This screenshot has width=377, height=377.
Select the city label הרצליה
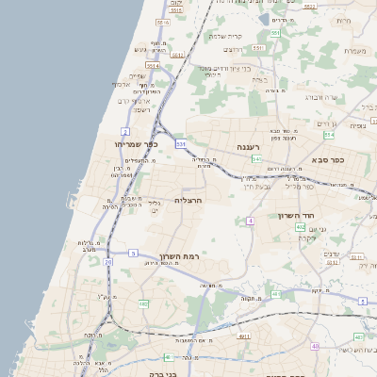190,201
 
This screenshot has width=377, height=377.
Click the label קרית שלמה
225,37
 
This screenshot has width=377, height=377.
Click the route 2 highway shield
125,130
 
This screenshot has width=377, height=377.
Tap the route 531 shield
180,144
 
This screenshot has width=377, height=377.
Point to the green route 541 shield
229,159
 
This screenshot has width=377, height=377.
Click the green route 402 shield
300,227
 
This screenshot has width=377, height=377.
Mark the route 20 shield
107,261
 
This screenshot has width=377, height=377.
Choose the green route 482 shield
143,303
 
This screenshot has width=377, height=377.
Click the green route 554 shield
275,33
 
